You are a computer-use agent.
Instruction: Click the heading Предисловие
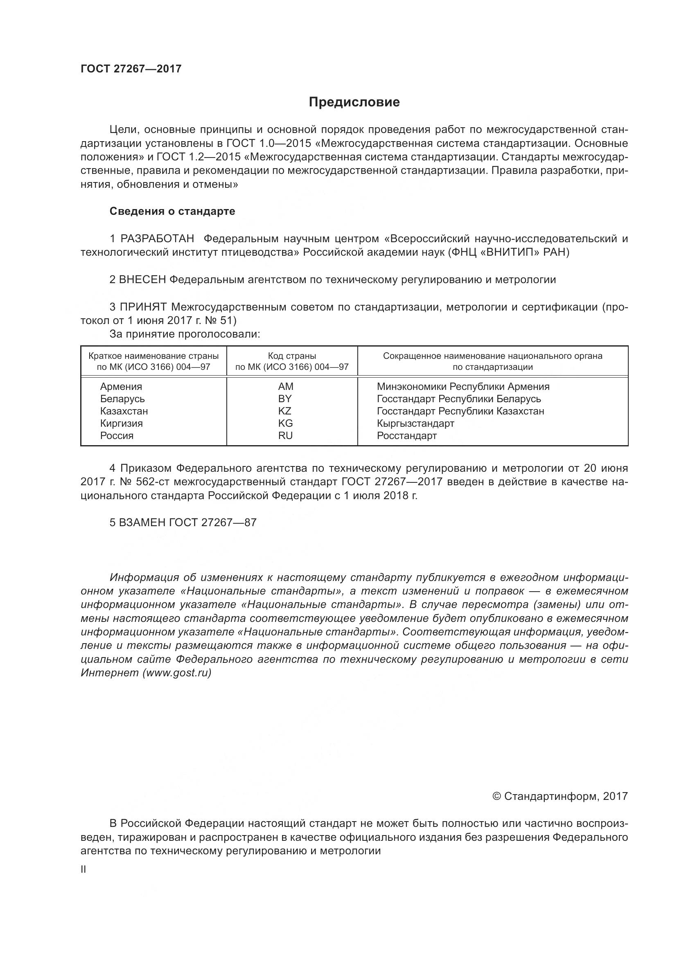pyautogui.click(x=354, y=102)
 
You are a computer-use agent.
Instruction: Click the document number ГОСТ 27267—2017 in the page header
pyautogui.click(x=131, y=69)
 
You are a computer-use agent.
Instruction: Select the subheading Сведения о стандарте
pyautogui.click(x=172, y=211)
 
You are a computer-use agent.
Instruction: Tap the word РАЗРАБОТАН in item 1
pyautogui.click(x=157, y=239)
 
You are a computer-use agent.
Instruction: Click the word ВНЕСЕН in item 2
pyautogui.click(x=142, y=280)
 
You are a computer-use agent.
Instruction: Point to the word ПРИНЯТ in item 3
pyautogui.click(x=143, y=307)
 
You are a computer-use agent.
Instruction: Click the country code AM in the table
pyautogui.click(x=286, y=386)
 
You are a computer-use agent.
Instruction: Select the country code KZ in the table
pyautogui.click(x=285, y=411)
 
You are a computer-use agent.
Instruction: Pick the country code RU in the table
pyautogui.click(x=286, y=436)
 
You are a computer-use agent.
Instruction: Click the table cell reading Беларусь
pyautogui.click(x=122, y=399)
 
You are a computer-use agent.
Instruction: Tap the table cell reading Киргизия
pyautogui.click(x=121, y=423)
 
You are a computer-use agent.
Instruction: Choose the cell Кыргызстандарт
pyautogui.click(x=415, y=423)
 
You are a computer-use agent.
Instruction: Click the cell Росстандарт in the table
pyautogui.click(x=406, y=436)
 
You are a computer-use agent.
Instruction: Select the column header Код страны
pyautogui.click(x=292, y=356)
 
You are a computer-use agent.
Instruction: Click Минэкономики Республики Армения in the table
pyautogui.click(x=463, y=386)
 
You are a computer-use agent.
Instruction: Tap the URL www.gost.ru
pyautogui.click(x=177, y=673)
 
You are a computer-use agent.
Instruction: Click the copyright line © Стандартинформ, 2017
pyautogui.click(x=560, y=797)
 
